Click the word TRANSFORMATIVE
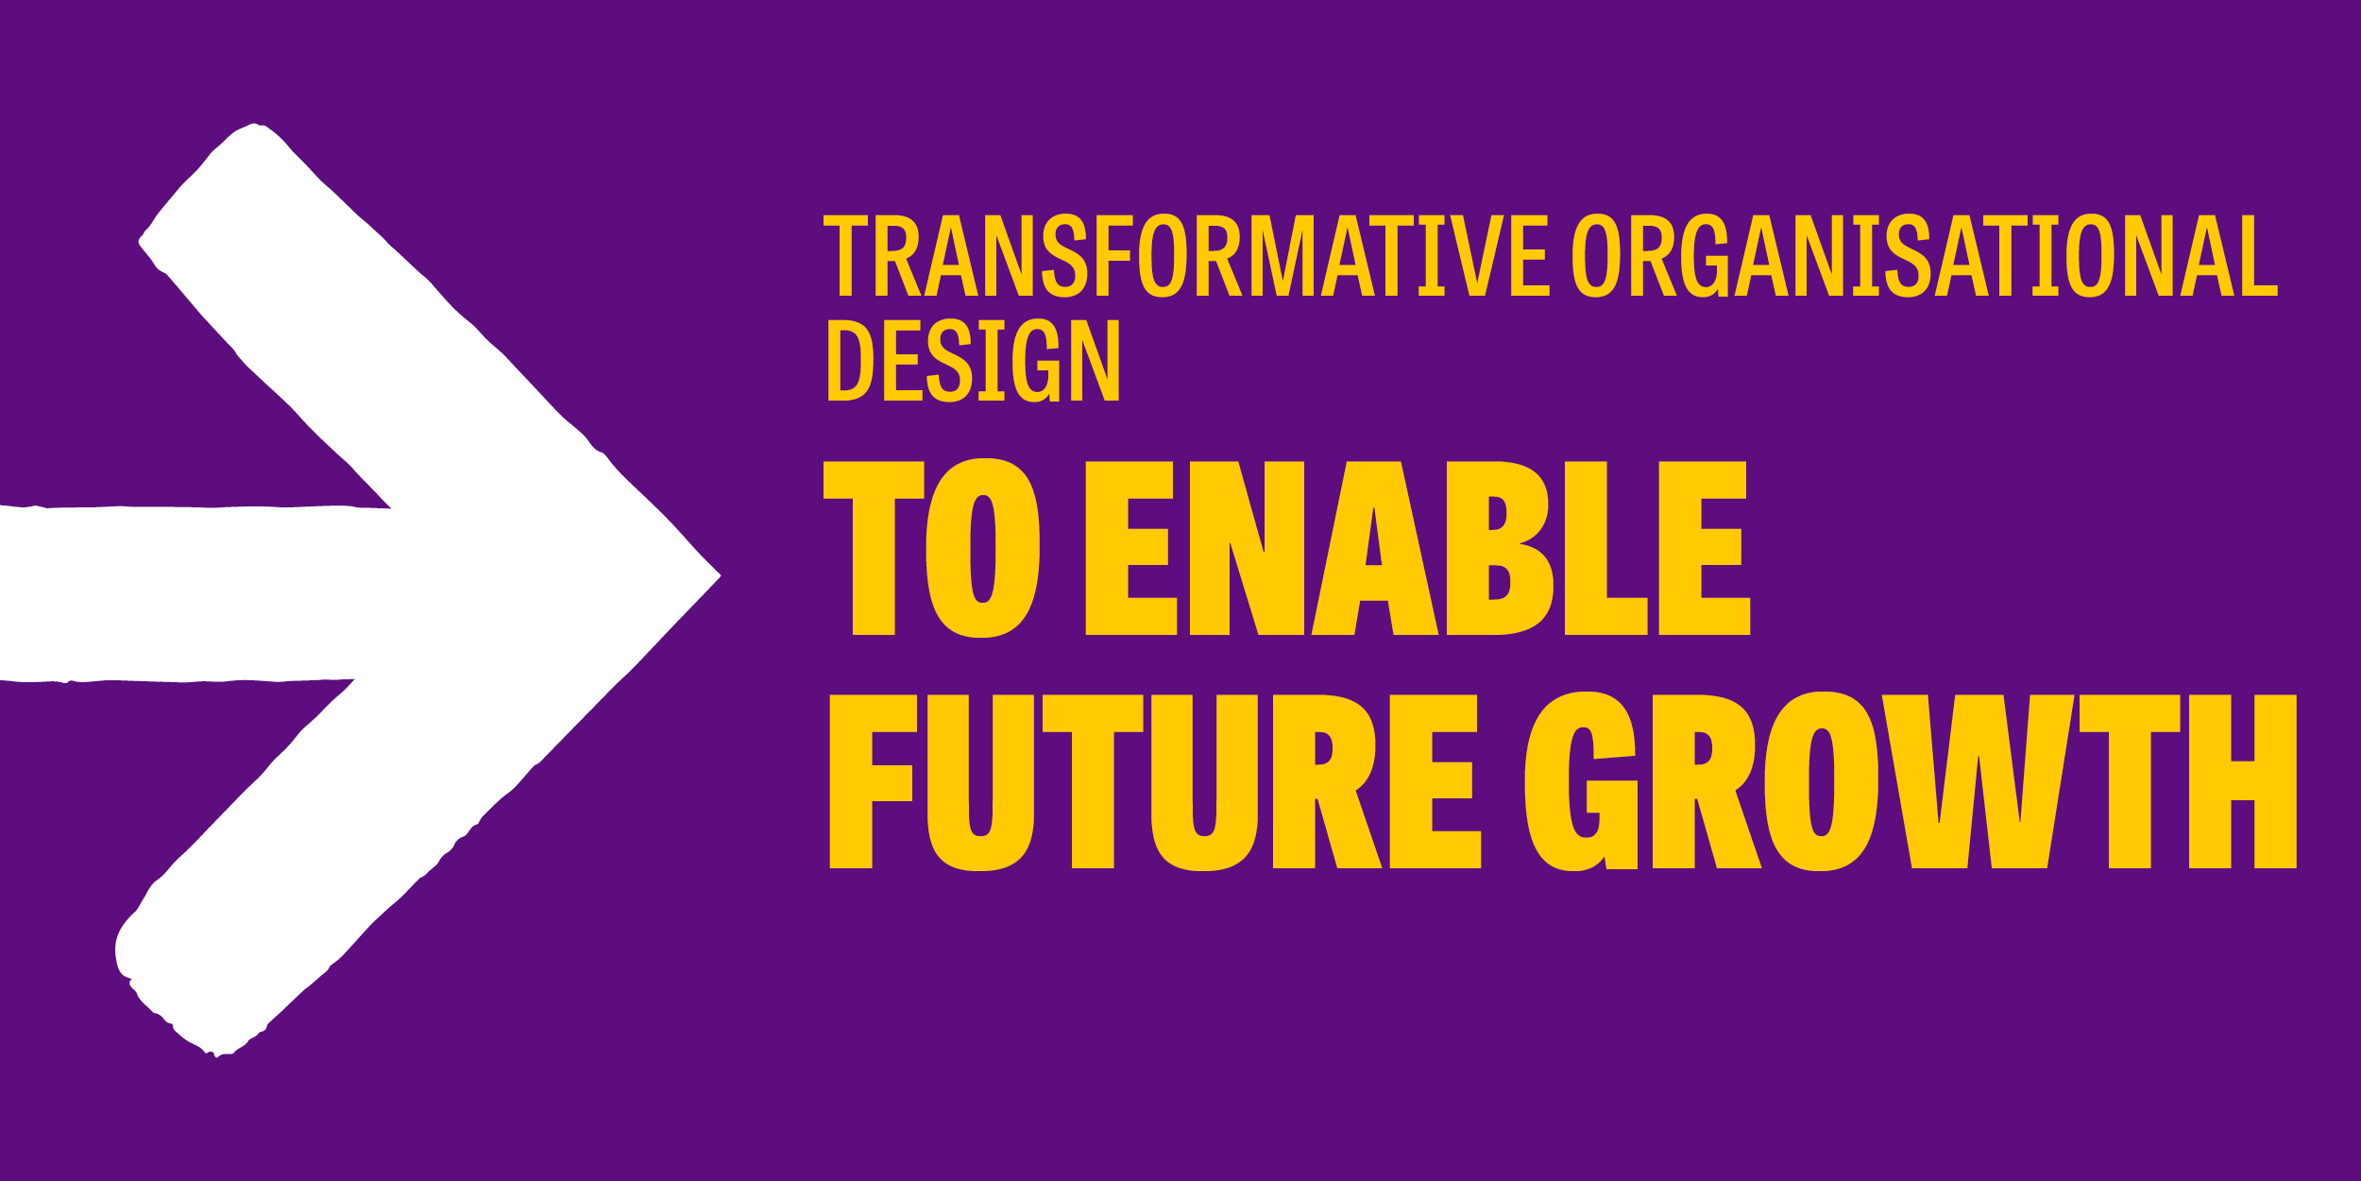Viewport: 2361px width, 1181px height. tap(1185, 256)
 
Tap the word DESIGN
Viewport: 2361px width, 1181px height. tap(973, 360)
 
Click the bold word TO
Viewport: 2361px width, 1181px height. tap(931, 548)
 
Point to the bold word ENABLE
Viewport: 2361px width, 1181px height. tap(1417, 548)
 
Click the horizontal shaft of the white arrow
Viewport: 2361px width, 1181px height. tap(189, 593)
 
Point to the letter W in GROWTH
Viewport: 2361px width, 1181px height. tap(1978, 781)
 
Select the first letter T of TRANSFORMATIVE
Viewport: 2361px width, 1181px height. tap(845, 256)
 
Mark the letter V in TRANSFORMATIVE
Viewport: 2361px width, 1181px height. tap(1476, 256)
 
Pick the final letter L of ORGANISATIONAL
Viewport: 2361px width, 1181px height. tap(2258, 256)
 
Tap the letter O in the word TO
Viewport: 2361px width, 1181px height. tap(982, 548)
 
